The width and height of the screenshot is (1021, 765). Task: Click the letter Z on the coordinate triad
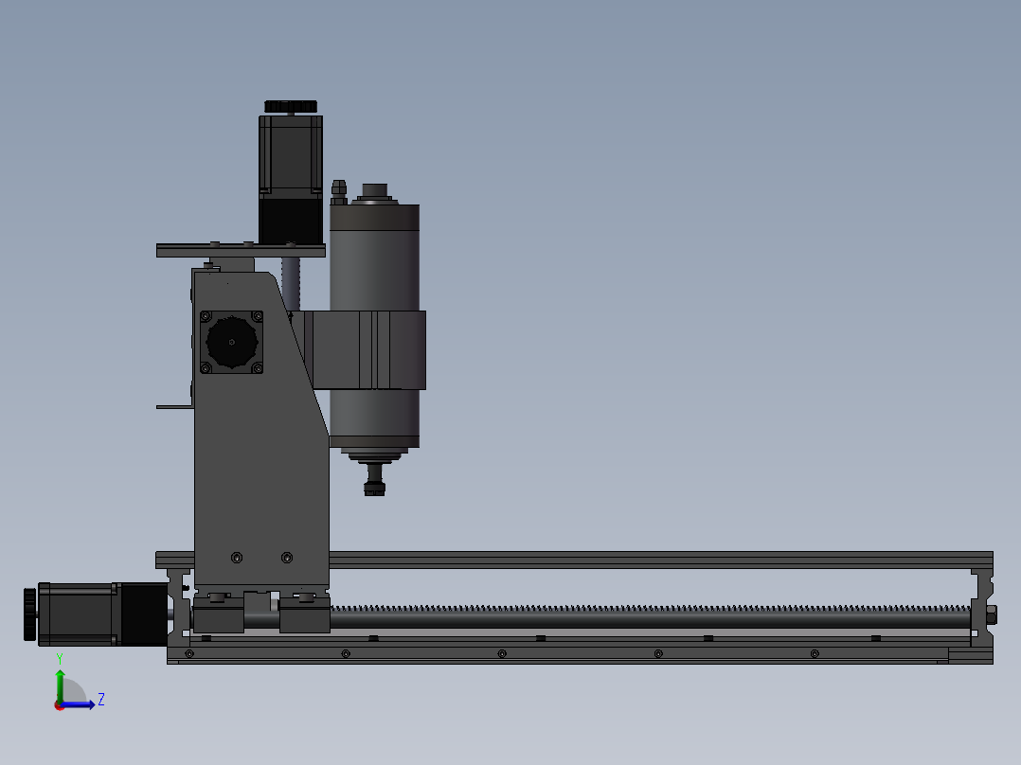coord(101,700)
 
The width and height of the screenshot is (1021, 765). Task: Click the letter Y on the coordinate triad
coord(60,658)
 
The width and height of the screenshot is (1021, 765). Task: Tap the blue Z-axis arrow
coord(78,704)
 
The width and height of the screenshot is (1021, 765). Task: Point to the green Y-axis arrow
coord(60,686)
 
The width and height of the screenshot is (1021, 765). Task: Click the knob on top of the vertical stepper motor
coord(291,106)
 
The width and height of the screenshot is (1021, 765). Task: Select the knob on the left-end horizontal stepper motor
coord(30,614)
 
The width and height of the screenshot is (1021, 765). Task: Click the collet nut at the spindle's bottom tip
coord(374,488)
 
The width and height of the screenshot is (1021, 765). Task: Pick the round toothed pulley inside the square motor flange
coord(231,342)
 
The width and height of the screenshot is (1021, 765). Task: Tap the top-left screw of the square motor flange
coord(206,316)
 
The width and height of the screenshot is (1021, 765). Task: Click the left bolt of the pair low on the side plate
coord(237,558)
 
